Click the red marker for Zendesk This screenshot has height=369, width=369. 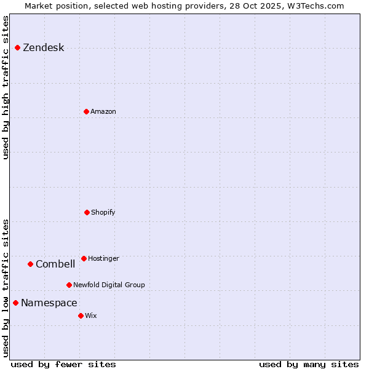tap(17, 47)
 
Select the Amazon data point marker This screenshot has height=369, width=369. tap(86, 111)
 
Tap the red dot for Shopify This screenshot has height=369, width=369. tap(87, 212)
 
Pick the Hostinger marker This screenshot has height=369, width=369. tap(84, 258)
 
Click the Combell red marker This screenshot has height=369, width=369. tap(30, 264)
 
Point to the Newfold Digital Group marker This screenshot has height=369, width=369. tap(69, 285)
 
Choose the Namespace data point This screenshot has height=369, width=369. tap(15, 303)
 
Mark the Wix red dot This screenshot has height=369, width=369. tap(81, 315)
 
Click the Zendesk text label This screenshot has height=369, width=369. tap(43, 48)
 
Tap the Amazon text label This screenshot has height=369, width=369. tap(103, 112)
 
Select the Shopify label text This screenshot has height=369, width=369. tap(103, 213)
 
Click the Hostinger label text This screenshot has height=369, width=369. tap(103, 259)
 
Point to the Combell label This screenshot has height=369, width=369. tap(55, 264)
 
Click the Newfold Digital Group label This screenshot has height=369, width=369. tap(109, 285)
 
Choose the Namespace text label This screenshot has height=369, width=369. tap(49, 303)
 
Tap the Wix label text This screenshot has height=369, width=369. tap(90, 316)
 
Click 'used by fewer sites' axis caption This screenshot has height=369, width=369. tap(63, 365)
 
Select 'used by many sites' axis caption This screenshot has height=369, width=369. tap(309, 365)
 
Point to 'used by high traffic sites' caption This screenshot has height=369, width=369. tap(6, 87)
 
